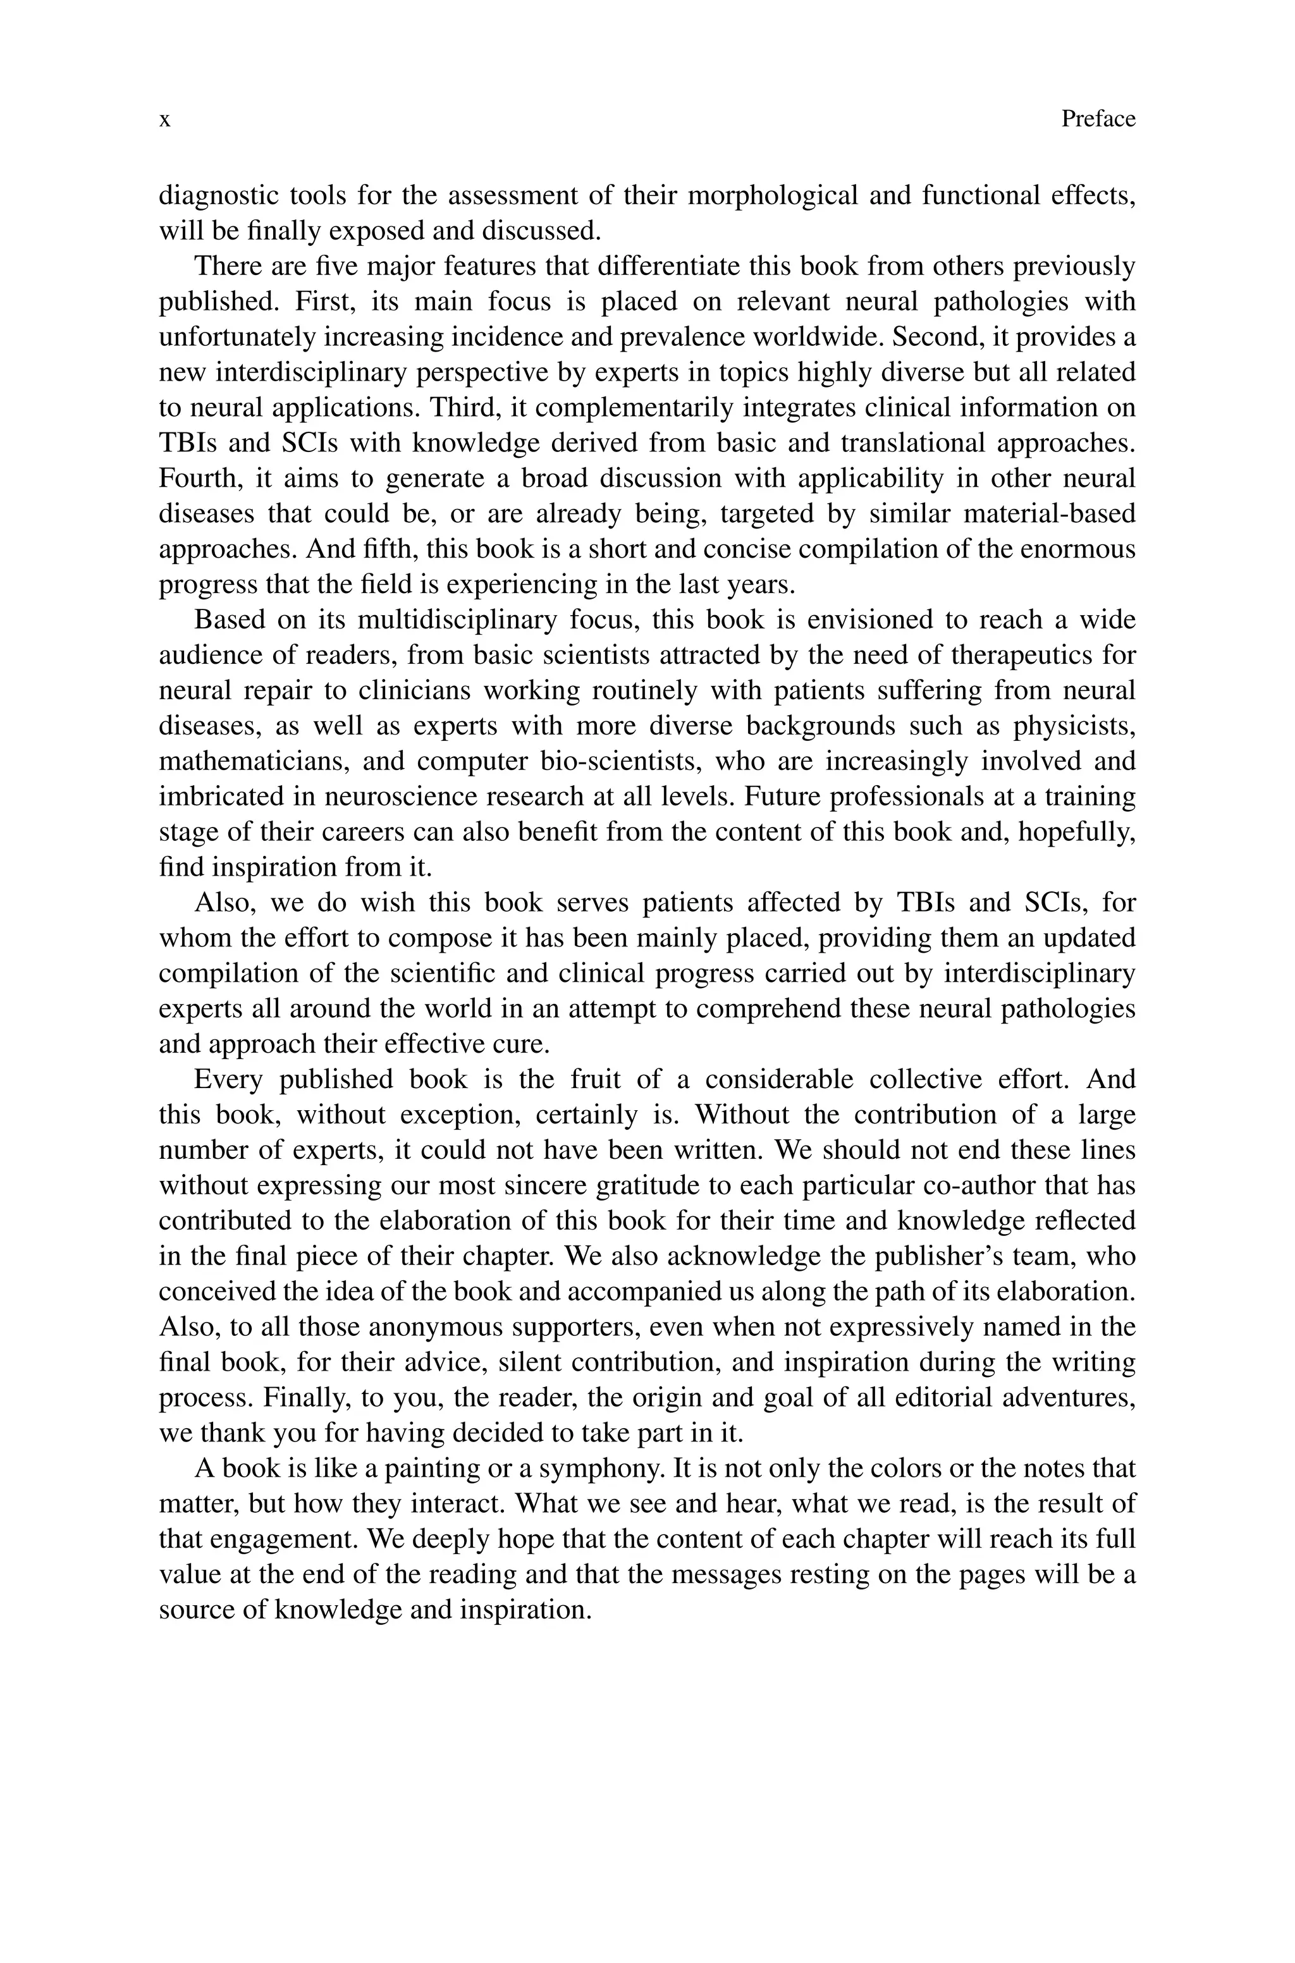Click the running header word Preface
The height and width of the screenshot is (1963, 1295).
click(1098, 119)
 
